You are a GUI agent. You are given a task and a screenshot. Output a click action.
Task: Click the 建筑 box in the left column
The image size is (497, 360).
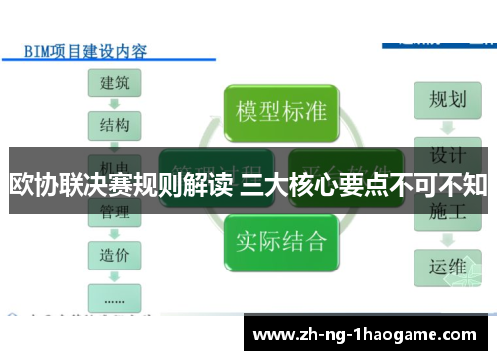tap(114, 84)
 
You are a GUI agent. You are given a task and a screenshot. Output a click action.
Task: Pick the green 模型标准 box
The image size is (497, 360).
tap(280, 110)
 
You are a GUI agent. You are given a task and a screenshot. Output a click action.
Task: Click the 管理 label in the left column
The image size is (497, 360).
tap(114, 212)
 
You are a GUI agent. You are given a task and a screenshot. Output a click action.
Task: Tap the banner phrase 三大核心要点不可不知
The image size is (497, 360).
tap(364, 184)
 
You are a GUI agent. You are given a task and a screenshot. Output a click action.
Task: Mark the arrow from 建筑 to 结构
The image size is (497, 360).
tap(114, 105)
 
